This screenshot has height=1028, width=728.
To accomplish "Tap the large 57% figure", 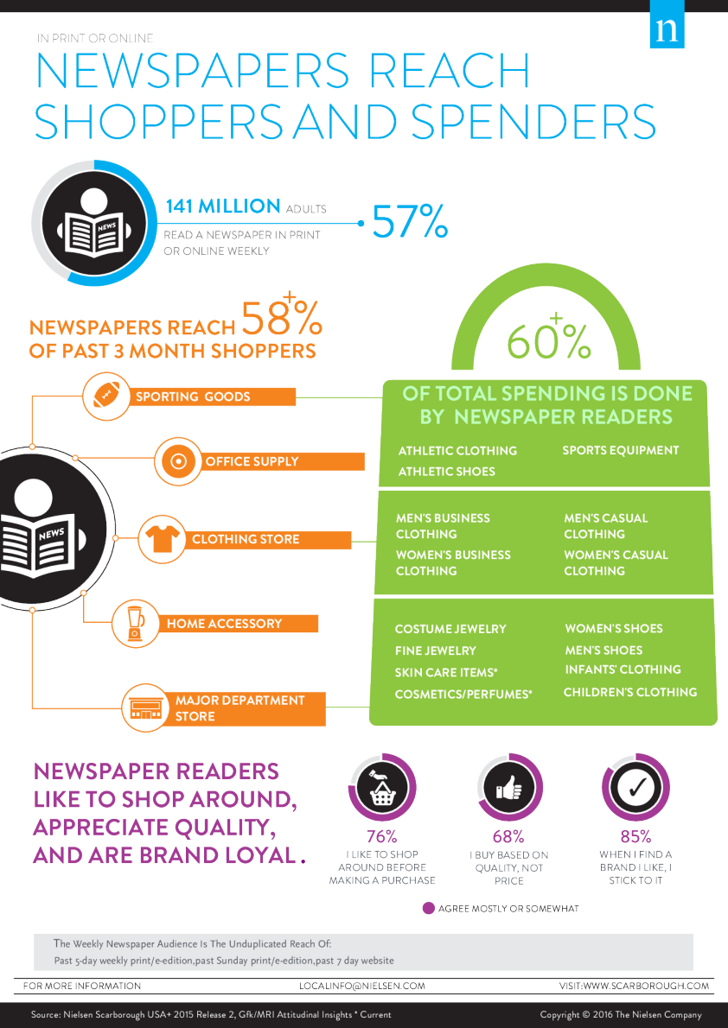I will [x=410, y=222].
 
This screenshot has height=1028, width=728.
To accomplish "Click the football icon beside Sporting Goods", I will [x=105, y=396].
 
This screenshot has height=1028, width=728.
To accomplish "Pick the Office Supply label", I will [x=252, y=461].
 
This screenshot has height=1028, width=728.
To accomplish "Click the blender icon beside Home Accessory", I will [x=136, y=623].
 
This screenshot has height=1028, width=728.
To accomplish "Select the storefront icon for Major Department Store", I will [x=146, y=708].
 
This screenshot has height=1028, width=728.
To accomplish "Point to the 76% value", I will [x=381, y=836].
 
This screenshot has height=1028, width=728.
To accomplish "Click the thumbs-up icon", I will [x=508, y=788].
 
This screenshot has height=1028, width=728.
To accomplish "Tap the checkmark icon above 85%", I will [x=635, y=787].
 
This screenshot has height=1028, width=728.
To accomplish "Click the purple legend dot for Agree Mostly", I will [x=428, y=909].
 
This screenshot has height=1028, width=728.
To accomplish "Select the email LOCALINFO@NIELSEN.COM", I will [x=362, y=986].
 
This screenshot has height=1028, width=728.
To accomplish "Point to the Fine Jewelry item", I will [x=436, y=650].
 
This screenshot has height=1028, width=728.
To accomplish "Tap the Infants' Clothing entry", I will [x=623, y=669].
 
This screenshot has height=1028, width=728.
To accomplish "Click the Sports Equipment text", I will [x=621, y=450].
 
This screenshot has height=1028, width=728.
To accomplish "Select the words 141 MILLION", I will [x=223, y=206].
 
